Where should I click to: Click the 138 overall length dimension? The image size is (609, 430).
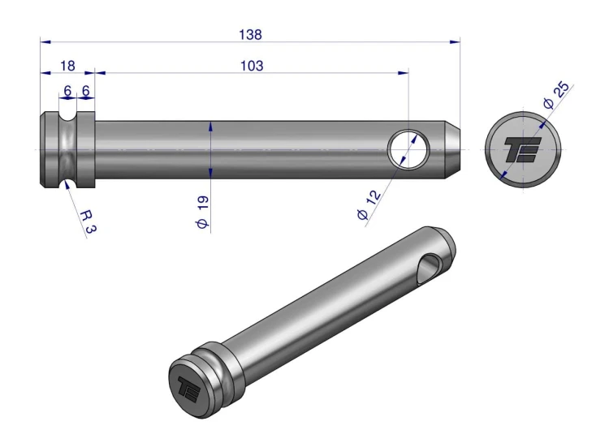coord(251,35)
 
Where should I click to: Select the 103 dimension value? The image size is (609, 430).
coord(252,66)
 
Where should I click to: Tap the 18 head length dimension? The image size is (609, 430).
coord(67,66)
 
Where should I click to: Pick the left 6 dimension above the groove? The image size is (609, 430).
coord(67,91)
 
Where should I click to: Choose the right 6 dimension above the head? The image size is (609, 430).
coord(86,91)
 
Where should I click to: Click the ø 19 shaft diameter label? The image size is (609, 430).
coord(202,212)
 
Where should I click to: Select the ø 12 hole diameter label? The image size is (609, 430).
coord(369,205)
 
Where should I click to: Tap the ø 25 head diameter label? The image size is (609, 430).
coord(556,96)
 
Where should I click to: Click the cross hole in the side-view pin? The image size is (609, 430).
coord(409,149)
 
